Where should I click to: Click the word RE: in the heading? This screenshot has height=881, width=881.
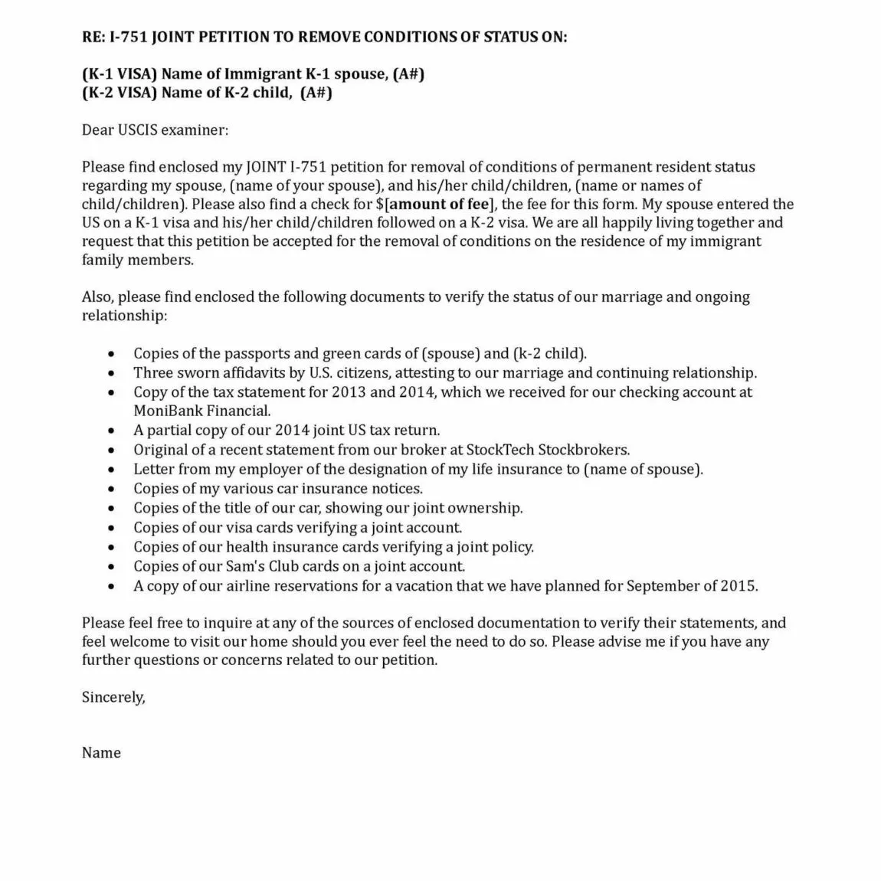[x=93, y=37]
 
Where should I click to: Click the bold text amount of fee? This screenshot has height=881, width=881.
[x=439, y=204]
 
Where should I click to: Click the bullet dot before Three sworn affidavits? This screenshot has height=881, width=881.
[x=113, y=374]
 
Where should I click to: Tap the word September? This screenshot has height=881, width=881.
[x=663, y=586]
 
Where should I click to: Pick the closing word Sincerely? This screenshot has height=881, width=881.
[x=113, y=697]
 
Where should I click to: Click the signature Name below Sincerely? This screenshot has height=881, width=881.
[x=101, y=753]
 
